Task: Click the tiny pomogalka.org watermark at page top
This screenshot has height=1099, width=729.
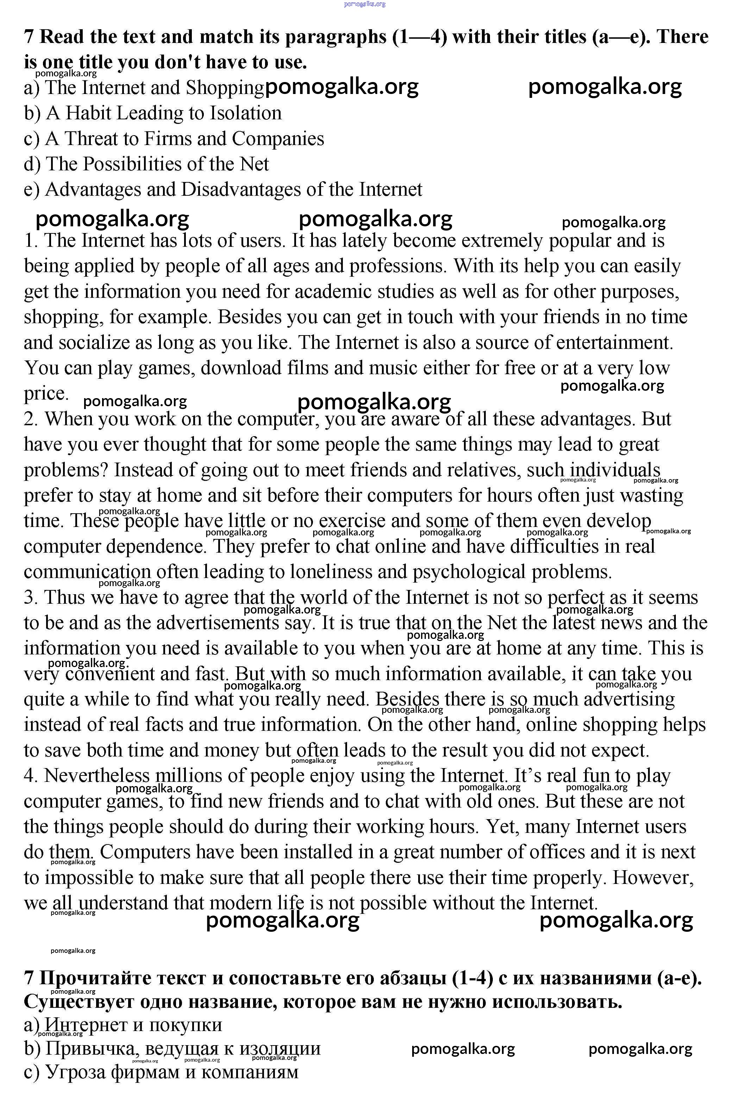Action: (365, 4)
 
